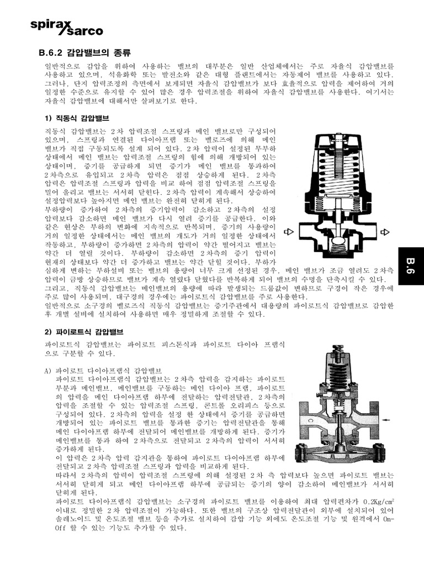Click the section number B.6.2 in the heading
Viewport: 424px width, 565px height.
[51, 54]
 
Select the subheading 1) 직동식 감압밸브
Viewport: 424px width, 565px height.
[76, 118]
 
